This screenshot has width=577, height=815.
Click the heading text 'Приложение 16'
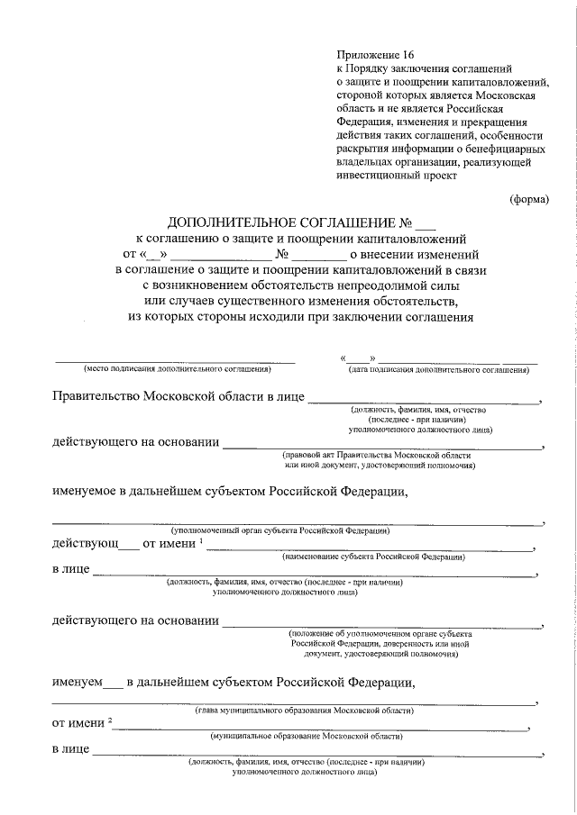371,54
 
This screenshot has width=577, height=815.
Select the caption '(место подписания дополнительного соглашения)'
177,370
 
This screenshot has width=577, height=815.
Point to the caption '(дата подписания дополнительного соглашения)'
438,370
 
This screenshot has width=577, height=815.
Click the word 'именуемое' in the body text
89,491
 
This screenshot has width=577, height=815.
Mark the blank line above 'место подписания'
176,361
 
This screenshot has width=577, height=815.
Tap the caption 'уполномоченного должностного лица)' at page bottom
305,772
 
